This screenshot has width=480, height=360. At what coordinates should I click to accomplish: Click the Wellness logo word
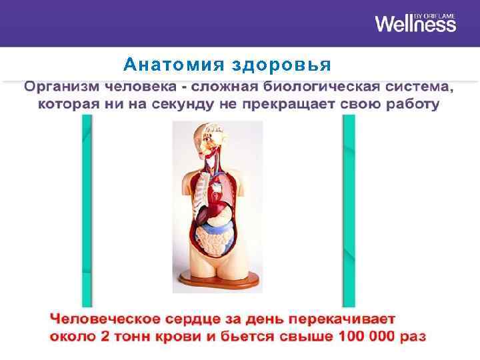tap(415, 24)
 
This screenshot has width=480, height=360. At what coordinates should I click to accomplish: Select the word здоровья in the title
tap(281, 65)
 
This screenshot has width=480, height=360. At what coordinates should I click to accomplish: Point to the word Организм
tap(63, 87)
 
